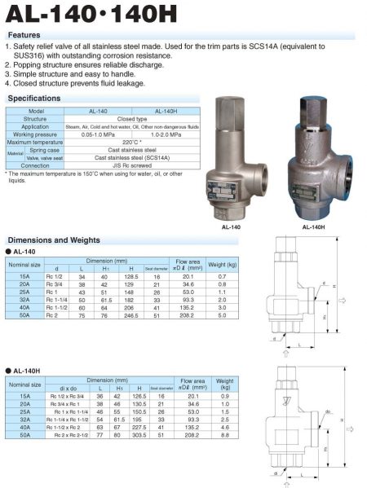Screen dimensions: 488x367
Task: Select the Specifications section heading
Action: pos(34,98)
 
